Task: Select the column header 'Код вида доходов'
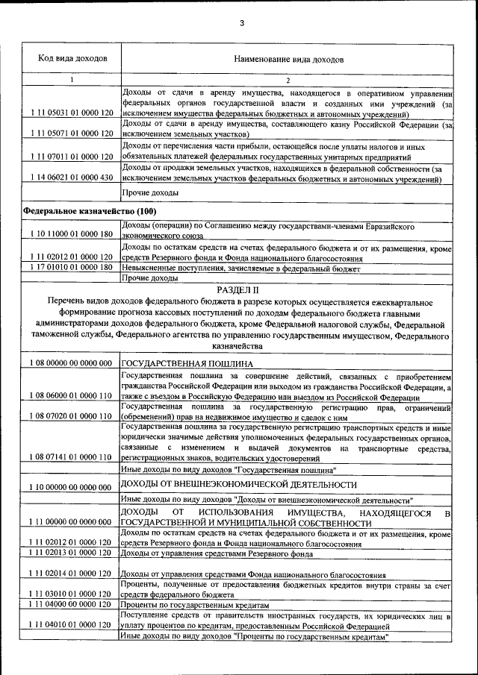pos(72,57)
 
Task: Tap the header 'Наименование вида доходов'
pos(288,57)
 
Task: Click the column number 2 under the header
pos(288,80)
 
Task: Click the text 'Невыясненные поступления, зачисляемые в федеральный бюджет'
pos(241,268)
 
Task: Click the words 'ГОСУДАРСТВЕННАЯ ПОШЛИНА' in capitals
pos(177,362)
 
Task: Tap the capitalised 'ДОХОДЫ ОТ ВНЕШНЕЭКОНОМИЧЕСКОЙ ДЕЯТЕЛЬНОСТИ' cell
pos(232,485)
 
